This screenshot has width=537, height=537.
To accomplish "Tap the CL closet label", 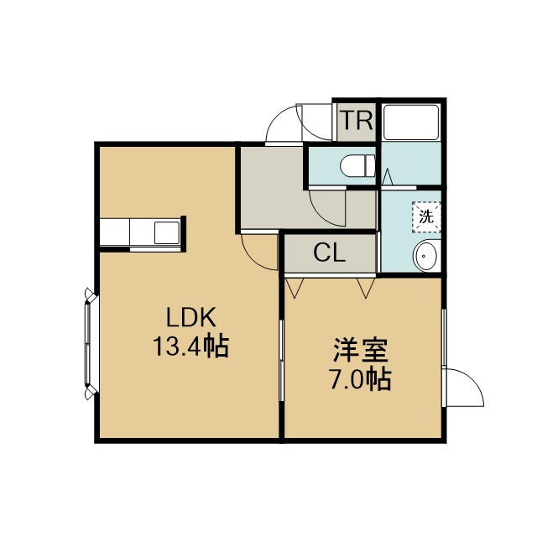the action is coord(329,253).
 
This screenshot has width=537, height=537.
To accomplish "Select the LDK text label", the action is coord(191,317).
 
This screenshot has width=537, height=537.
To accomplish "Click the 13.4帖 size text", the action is coord(190,347).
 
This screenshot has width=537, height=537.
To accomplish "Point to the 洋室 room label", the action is coord(361,350).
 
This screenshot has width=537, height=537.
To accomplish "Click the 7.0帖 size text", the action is coord(360,378).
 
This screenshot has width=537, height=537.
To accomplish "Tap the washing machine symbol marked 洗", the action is coord(426,216).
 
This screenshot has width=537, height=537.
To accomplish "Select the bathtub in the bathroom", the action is coord(411,123).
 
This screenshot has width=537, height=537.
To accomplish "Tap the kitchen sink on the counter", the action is coord(167,232).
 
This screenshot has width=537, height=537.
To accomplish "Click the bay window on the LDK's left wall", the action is coord(91,343).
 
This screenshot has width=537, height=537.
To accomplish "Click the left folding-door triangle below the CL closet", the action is coord(295,288).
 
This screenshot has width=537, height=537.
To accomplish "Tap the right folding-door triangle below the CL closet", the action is coord(366,288).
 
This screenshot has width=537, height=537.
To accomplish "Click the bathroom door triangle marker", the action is coord(388,177).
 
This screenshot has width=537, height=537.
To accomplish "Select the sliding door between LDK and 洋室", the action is coord(282,361).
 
